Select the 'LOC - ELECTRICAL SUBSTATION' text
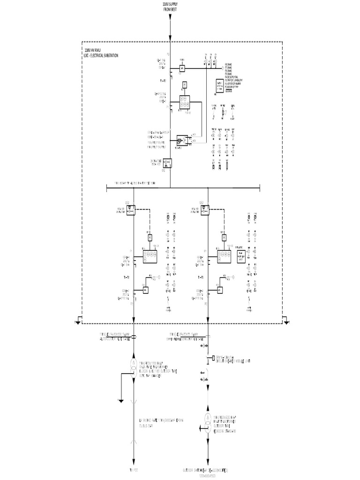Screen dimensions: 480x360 click(100, 55)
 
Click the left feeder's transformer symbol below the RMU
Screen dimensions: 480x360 click(134, 366)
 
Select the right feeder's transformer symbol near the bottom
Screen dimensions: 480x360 click(208, 420)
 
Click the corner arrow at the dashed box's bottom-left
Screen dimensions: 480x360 click(78, 321)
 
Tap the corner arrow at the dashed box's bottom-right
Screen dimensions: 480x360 click(286, 321)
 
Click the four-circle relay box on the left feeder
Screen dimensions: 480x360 click(150, 256)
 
